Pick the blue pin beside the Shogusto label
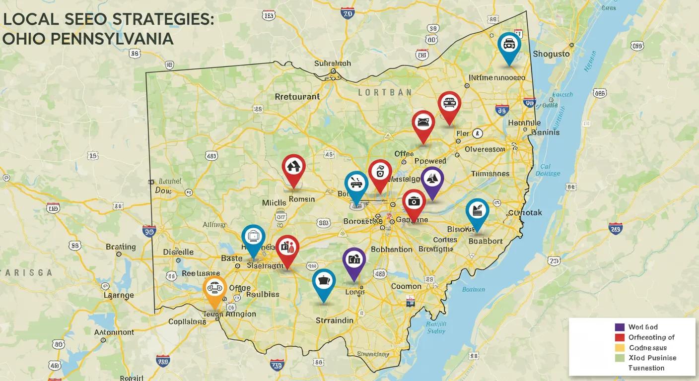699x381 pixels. click(x=509, y=46)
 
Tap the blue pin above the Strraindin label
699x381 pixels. click(x=324, y=282)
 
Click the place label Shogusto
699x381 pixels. click(x=551, y=54)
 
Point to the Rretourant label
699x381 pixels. click(x=297, y=97)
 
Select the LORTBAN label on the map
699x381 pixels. click(x=385, y=92)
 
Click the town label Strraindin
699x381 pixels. click(x=335, y=320)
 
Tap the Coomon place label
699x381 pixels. click(x=406, y=286)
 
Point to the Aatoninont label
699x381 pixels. click(x=114, y=332)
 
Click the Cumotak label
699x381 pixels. click(x=525, y=213)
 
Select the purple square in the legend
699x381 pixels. click(x=619, y=327)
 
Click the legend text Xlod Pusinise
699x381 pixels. click(x=652, y=358)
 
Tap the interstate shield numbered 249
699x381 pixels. click(x=616, y=229)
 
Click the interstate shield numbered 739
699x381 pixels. click(x=277, y=366)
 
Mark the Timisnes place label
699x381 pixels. click(x=490, y=174)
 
